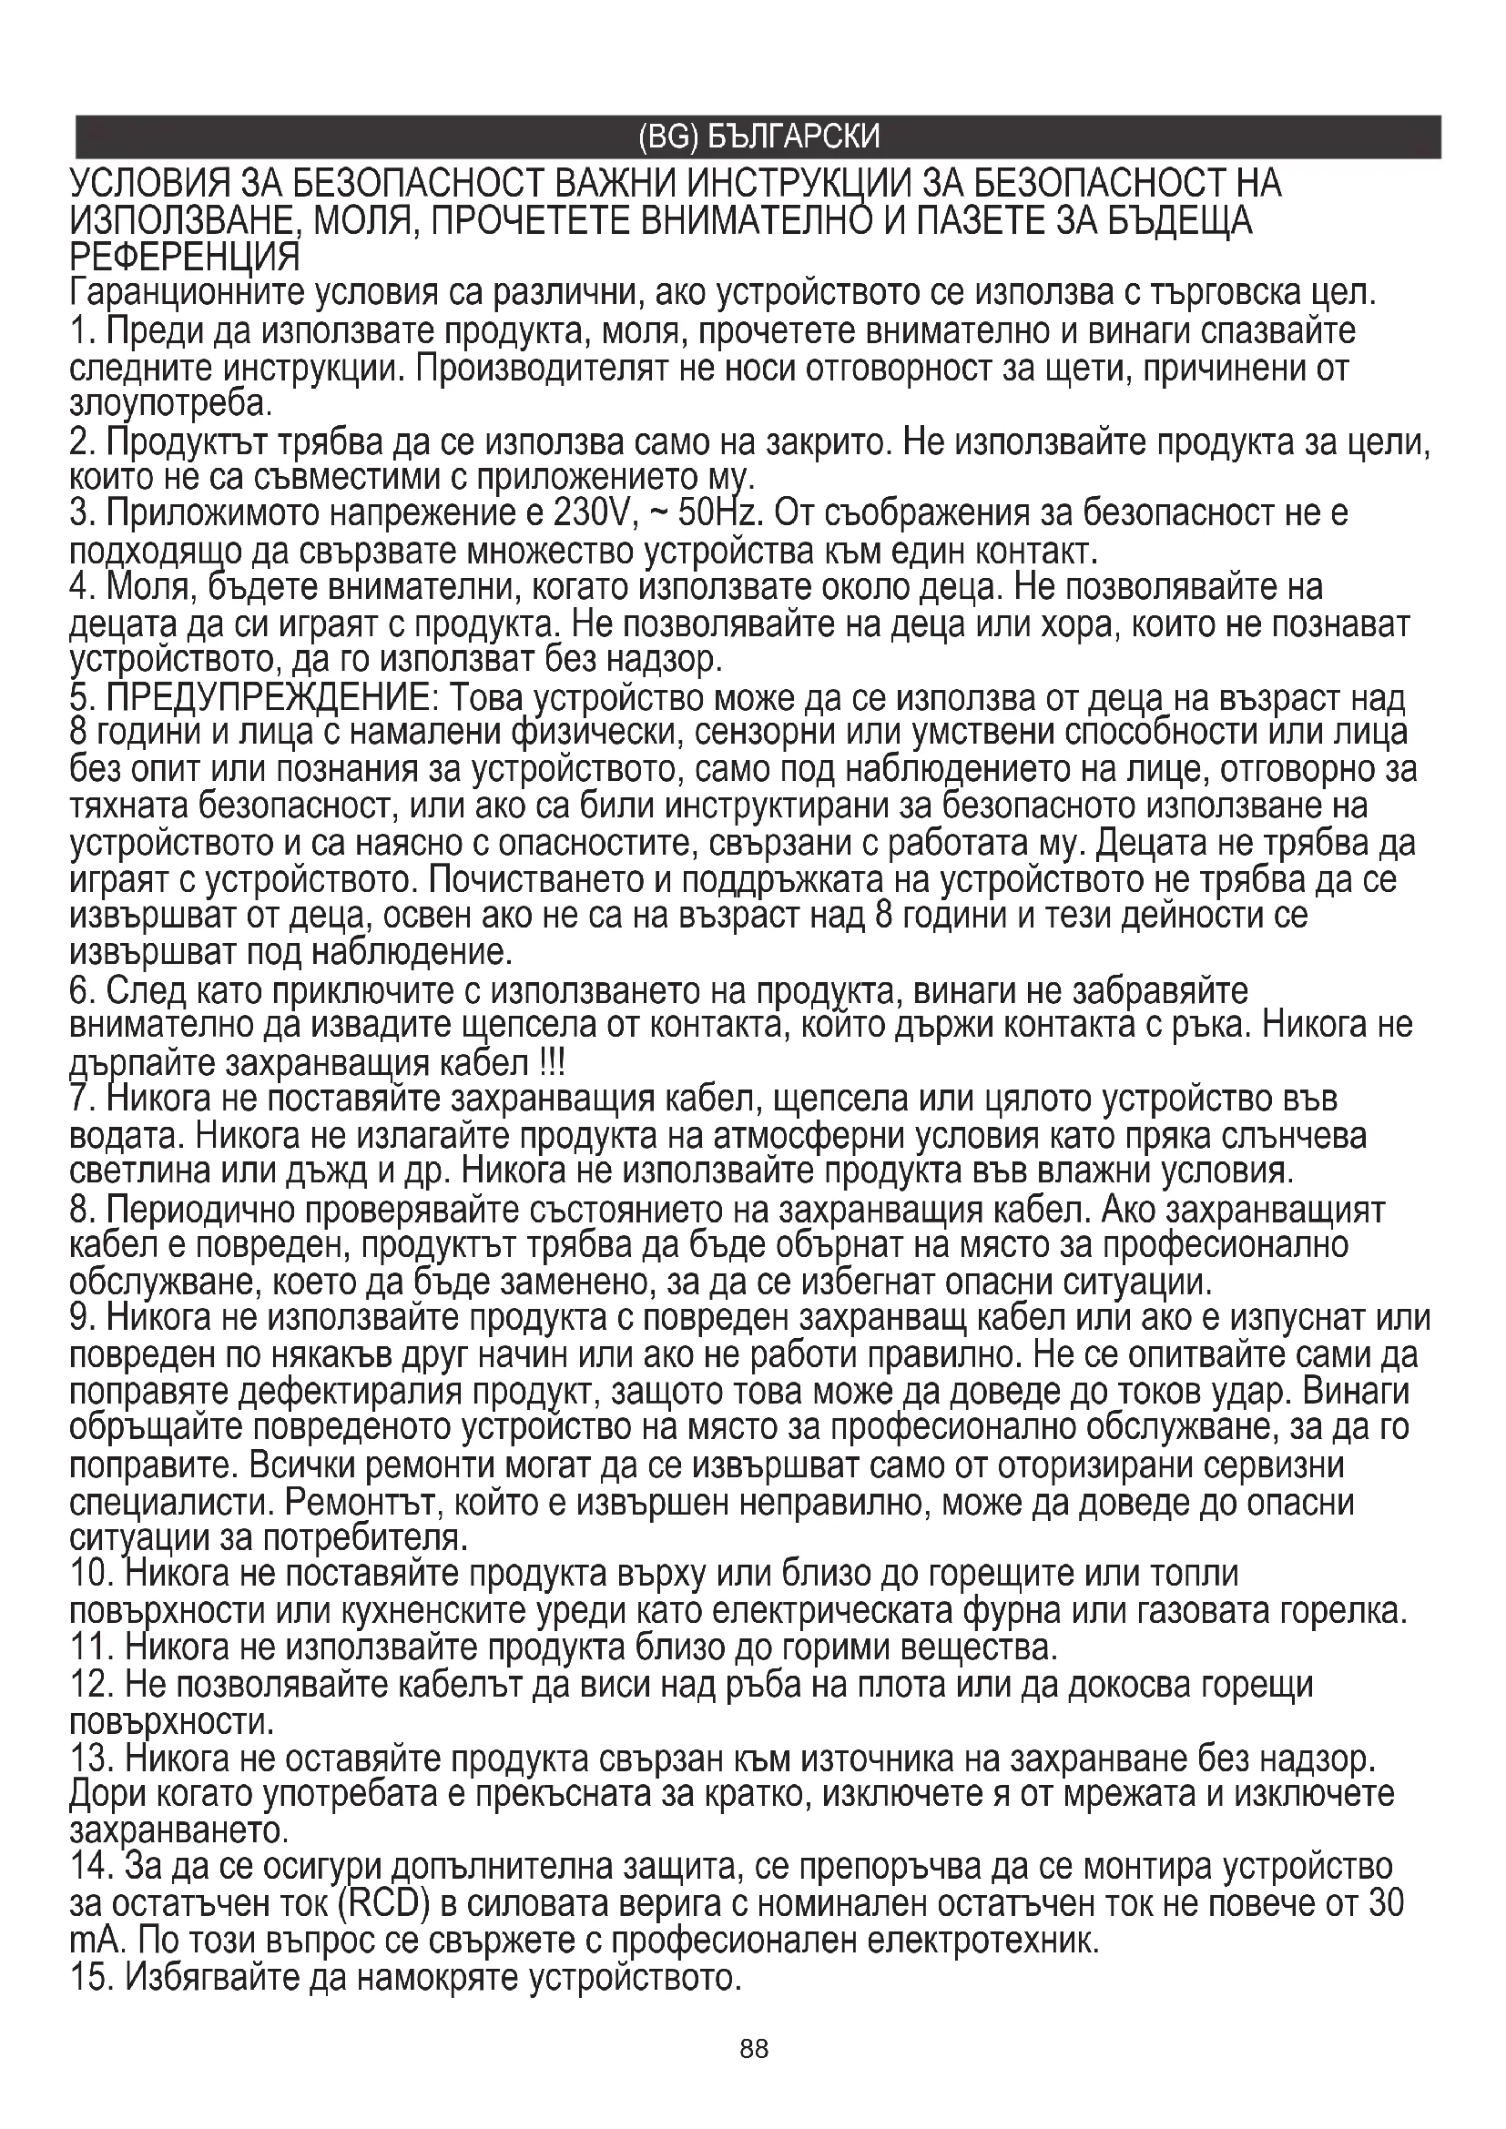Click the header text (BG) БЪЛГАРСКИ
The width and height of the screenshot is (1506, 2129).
pos(758,137)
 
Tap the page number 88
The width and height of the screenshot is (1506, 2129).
pos(754,2075)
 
